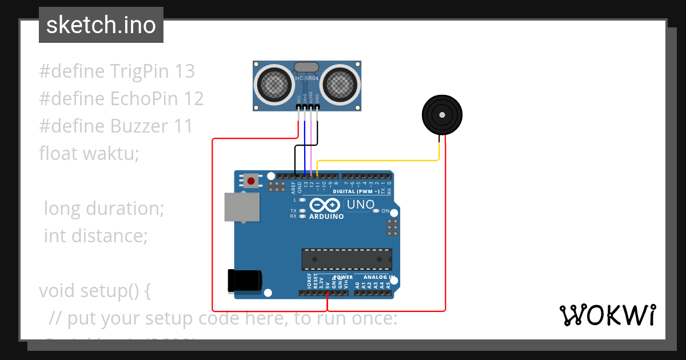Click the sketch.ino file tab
[x=101, y=25]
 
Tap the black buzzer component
[x=441, y=115]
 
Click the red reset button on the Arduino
[x=250, y=181]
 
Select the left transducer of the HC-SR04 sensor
[x=276, y=85]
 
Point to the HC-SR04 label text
[x=307, y=78]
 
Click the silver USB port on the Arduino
[x=240, y=206]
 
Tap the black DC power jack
[x=245, y=280]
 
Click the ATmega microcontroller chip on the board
[x=347, y=259]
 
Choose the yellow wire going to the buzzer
[x=377, y=161]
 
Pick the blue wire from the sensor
[x=305, y=143]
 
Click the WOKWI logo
[x=607, y=315]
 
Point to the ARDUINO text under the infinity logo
[x=326, y=217]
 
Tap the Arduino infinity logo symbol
[x=324, y=205]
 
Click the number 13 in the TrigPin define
[x=185, y=71]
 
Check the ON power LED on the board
[x=376, y=211]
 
